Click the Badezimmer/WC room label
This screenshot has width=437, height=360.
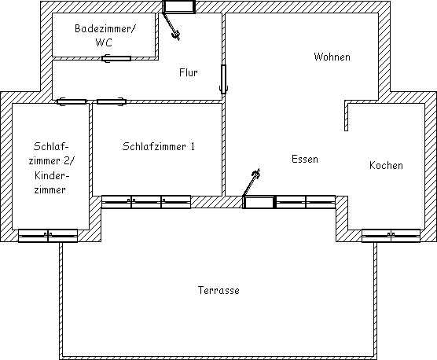tap(105, 35)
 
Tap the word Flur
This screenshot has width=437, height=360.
tap(189, 73)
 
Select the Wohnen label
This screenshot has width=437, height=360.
tap(332, 57)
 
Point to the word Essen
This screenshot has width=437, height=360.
tap(305, 159)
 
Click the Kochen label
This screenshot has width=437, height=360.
tap(386, 165)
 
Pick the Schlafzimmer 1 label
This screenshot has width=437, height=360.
tap(158, 146)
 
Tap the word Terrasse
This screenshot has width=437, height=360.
tap(218, 290)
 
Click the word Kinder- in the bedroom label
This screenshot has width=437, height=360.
tap(52, 175)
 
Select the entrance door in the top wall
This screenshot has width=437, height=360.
tap(179, 7)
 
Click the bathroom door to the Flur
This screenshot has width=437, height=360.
tap(116, 58)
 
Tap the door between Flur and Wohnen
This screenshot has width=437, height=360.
tap(223, 79)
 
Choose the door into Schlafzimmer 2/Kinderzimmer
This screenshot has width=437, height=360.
tap(72, 101)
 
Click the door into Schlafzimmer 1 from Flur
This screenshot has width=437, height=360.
tap(112, 101)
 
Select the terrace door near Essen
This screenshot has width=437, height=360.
tap(259, 202)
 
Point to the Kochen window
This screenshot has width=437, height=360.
tap(391, 236)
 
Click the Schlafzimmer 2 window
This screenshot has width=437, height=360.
tap(48, 236)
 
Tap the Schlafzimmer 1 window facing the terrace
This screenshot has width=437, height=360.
tap(146, 202)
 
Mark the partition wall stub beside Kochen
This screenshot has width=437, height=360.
tap(346, 116)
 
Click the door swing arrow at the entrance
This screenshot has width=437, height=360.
tap(171, 26)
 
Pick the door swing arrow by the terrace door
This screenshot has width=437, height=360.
tap(252, 182)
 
